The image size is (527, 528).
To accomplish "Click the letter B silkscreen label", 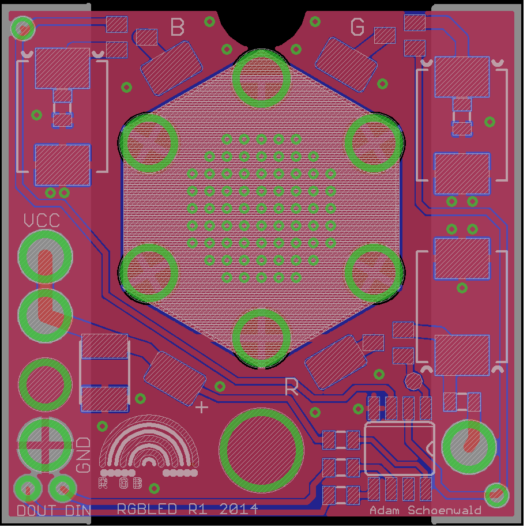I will point(178,27).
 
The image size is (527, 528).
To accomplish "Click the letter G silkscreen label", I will point(357,27).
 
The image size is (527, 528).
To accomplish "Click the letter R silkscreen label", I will point(292,387).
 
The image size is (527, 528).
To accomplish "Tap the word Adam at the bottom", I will point(386,511).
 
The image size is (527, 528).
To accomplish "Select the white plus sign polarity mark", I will point(202,407).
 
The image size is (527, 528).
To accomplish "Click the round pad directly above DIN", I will point(62,489).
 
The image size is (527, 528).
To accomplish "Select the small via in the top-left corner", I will point(23,27).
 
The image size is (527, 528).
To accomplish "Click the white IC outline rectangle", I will point(400,448).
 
